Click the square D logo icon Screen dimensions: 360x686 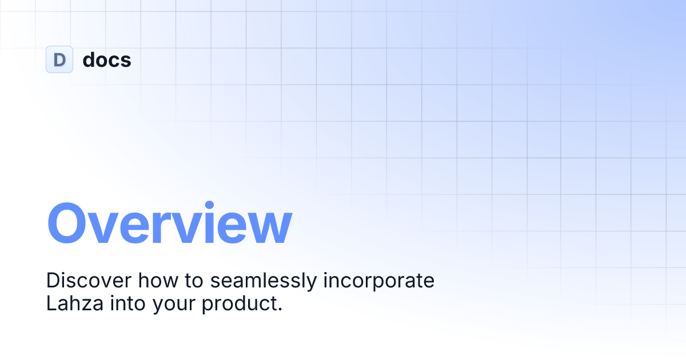(x=59, y=59)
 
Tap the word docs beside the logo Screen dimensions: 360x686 (x=107, y=59)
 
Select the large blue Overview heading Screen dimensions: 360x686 (x=169, y=223)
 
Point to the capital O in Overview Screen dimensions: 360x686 (x=69, y=223)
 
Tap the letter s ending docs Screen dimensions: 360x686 (x=126, y=61)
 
